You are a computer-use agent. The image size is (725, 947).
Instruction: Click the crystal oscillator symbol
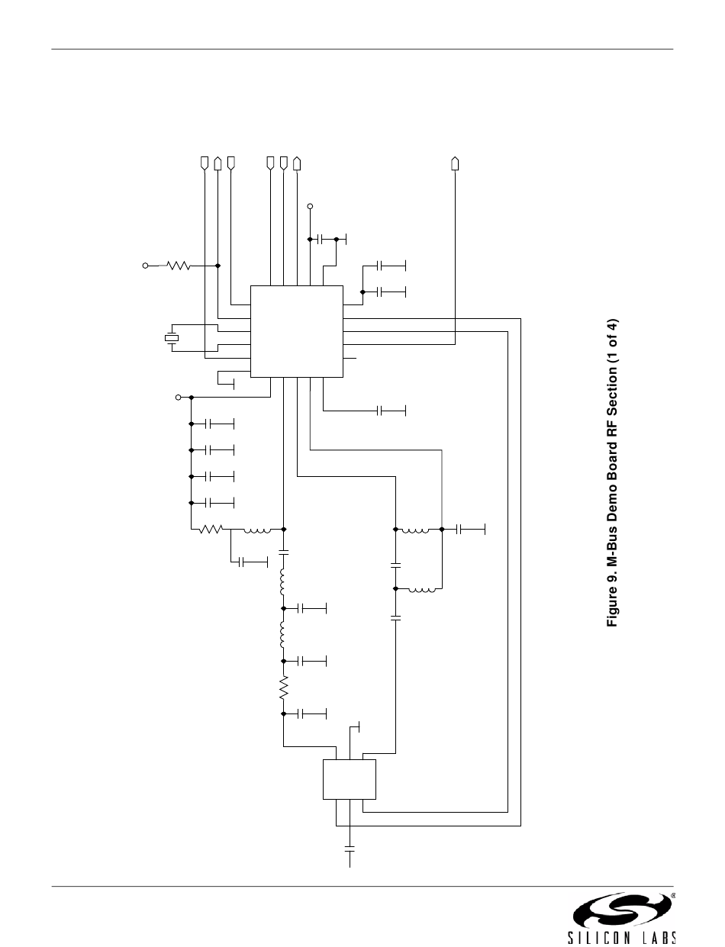172,338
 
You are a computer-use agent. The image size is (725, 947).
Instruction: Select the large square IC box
297,332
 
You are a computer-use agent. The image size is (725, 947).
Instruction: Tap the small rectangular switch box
349,780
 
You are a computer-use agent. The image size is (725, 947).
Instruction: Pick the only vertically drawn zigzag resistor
284,688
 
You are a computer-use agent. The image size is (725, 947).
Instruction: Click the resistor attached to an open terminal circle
179,266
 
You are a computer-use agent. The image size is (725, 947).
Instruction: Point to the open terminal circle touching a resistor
145,266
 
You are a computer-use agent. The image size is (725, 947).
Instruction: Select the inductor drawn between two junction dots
415,530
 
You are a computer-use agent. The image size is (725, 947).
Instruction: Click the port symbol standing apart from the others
455,163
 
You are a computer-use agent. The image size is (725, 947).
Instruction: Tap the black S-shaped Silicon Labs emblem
622,910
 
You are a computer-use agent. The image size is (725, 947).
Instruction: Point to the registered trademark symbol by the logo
673,893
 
